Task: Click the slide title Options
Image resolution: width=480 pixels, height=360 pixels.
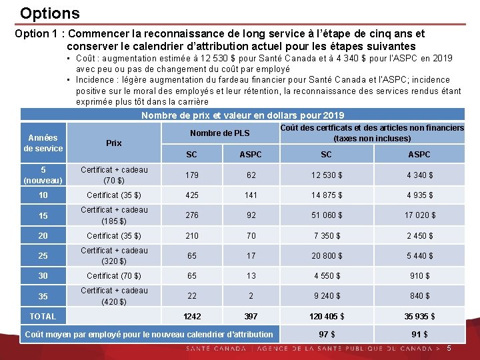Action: click(49, 13)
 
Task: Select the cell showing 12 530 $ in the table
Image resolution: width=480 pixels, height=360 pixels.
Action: click(326, 175)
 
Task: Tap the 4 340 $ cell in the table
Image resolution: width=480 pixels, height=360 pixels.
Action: click(419, 175)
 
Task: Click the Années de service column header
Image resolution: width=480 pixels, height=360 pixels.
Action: click(43, 143)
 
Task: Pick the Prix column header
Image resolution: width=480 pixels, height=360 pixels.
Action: click(114, 143)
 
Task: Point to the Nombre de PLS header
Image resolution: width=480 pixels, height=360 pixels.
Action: click(219, 133)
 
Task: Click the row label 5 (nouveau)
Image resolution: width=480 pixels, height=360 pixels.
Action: click(43, 175)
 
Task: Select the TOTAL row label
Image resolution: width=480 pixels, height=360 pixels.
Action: click(43, 316)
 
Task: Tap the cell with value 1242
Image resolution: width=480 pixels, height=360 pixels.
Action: click(191, 316)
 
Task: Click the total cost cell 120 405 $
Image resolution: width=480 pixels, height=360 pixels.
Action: click(326, 316)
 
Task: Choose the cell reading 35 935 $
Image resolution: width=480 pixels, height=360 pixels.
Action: click(419, 316)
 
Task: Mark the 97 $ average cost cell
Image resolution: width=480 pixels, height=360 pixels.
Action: click(326, 334)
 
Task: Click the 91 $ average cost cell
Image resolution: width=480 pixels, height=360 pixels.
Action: click(419, 334)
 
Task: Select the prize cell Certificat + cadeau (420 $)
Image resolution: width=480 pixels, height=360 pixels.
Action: click(114, 296)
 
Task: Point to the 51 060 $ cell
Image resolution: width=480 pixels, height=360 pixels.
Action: click(326, 215)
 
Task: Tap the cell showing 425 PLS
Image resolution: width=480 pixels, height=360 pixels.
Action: click(191, 195)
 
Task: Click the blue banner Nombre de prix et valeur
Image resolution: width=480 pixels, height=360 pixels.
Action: click(243, 115)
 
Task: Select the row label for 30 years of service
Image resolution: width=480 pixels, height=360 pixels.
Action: click(43, 276)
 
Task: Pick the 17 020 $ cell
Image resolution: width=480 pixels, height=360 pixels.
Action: click(419, 215)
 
